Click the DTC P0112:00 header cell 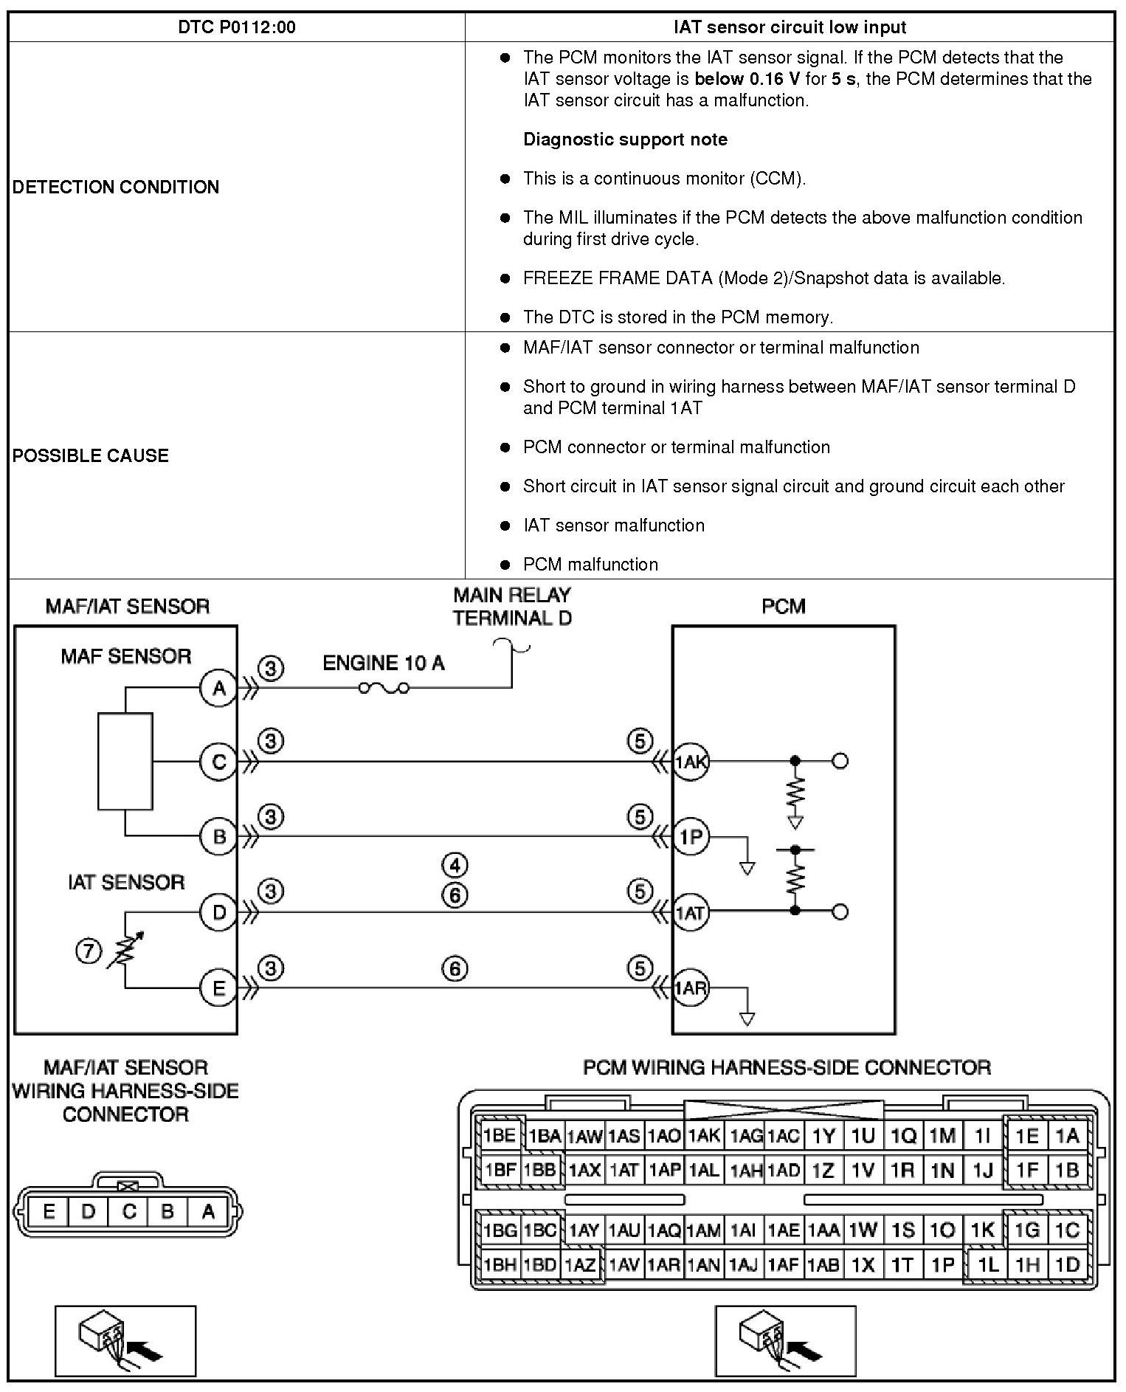click(x=236, y=27)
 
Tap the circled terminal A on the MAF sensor click(x=219, y=689)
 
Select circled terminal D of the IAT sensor click(x=219, y=912)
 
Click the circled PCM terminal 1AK click(x=691, y=762)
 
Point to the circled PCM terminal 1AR click(x=691, y=988)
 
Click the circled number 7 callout click(x=89, y=951)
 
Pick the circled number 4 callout click(x=455, y=864)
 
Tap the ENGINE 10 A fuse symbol click(x=384, y=689)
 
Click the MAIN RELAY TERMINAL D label click(x=512, y=606)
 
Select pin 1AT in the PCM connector click(x=624, y=1171)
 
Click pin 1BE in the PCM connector click(x=499, y=1135)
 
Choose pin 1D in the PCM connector click(x=1067, y=1264)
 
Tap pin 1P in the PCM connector click(x=943, y=1264)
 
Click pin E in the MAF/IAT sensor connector click(x=49, y=1211)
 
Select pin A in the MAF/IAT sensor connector click(x=208, y=1211)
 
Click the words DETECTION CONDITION click(x=116, y=187)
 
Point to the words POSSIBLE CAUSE click(x=91, y=455)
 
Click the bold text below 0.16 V click(x=747, y=79)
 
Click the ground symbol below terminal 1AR click(x=747, y=1019)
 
